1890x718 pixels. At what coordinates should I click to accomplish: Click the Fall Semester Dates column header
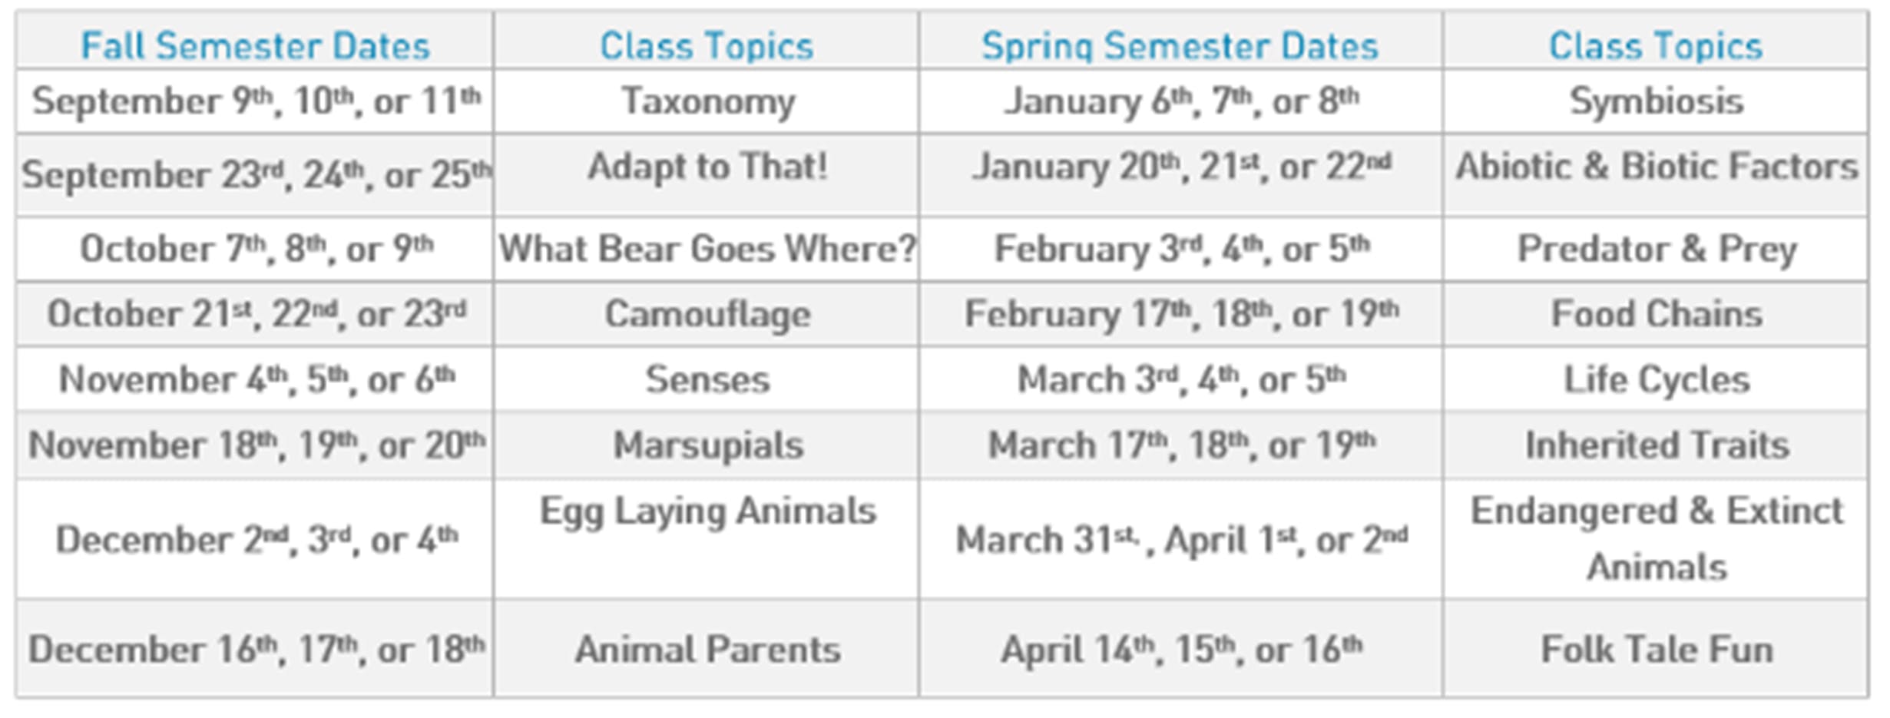click(x=255, y=46)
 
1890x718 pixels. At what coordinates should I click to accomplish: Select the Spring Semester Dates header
click(x=1180, y=47)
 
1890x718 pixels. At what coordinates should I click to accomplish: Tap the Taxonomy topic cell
click(x=708, y=102)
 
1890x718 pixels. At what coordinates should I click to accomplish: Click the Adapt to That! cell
click(x=708, y=167)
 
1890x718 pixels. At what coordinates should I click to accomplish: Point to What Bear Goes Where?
click(x=708, y=249)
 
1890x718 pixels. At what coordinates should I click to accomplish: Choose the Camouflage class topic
click(x=708, y=315)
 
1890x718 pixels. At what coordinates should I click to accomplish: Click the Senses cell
click(x=708, y=379)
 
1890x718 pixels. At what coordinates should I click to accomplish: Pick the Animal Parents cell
click(x=708, y=650)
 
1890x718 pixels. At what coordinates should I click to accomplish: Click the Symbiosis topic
click(x=1657, y=102)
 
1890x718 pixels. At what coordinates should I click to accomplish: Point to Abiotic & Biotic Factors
click(x=1657, y=167)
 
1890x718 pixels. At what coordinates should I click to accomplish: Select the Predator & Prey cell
click(x=1657, y=250)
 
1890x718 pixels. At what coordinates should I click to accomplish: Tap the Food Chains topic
click(x=1657, y=314)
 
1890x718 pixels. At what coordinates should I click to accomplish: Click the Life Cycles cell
click(x=1657, y=380)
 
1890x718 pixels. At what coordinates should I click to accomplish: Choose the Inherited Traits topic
click(x=1657, y=445)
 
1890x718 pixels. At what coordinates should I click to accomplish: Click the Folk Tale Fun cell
click(x=1657, y=650)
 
